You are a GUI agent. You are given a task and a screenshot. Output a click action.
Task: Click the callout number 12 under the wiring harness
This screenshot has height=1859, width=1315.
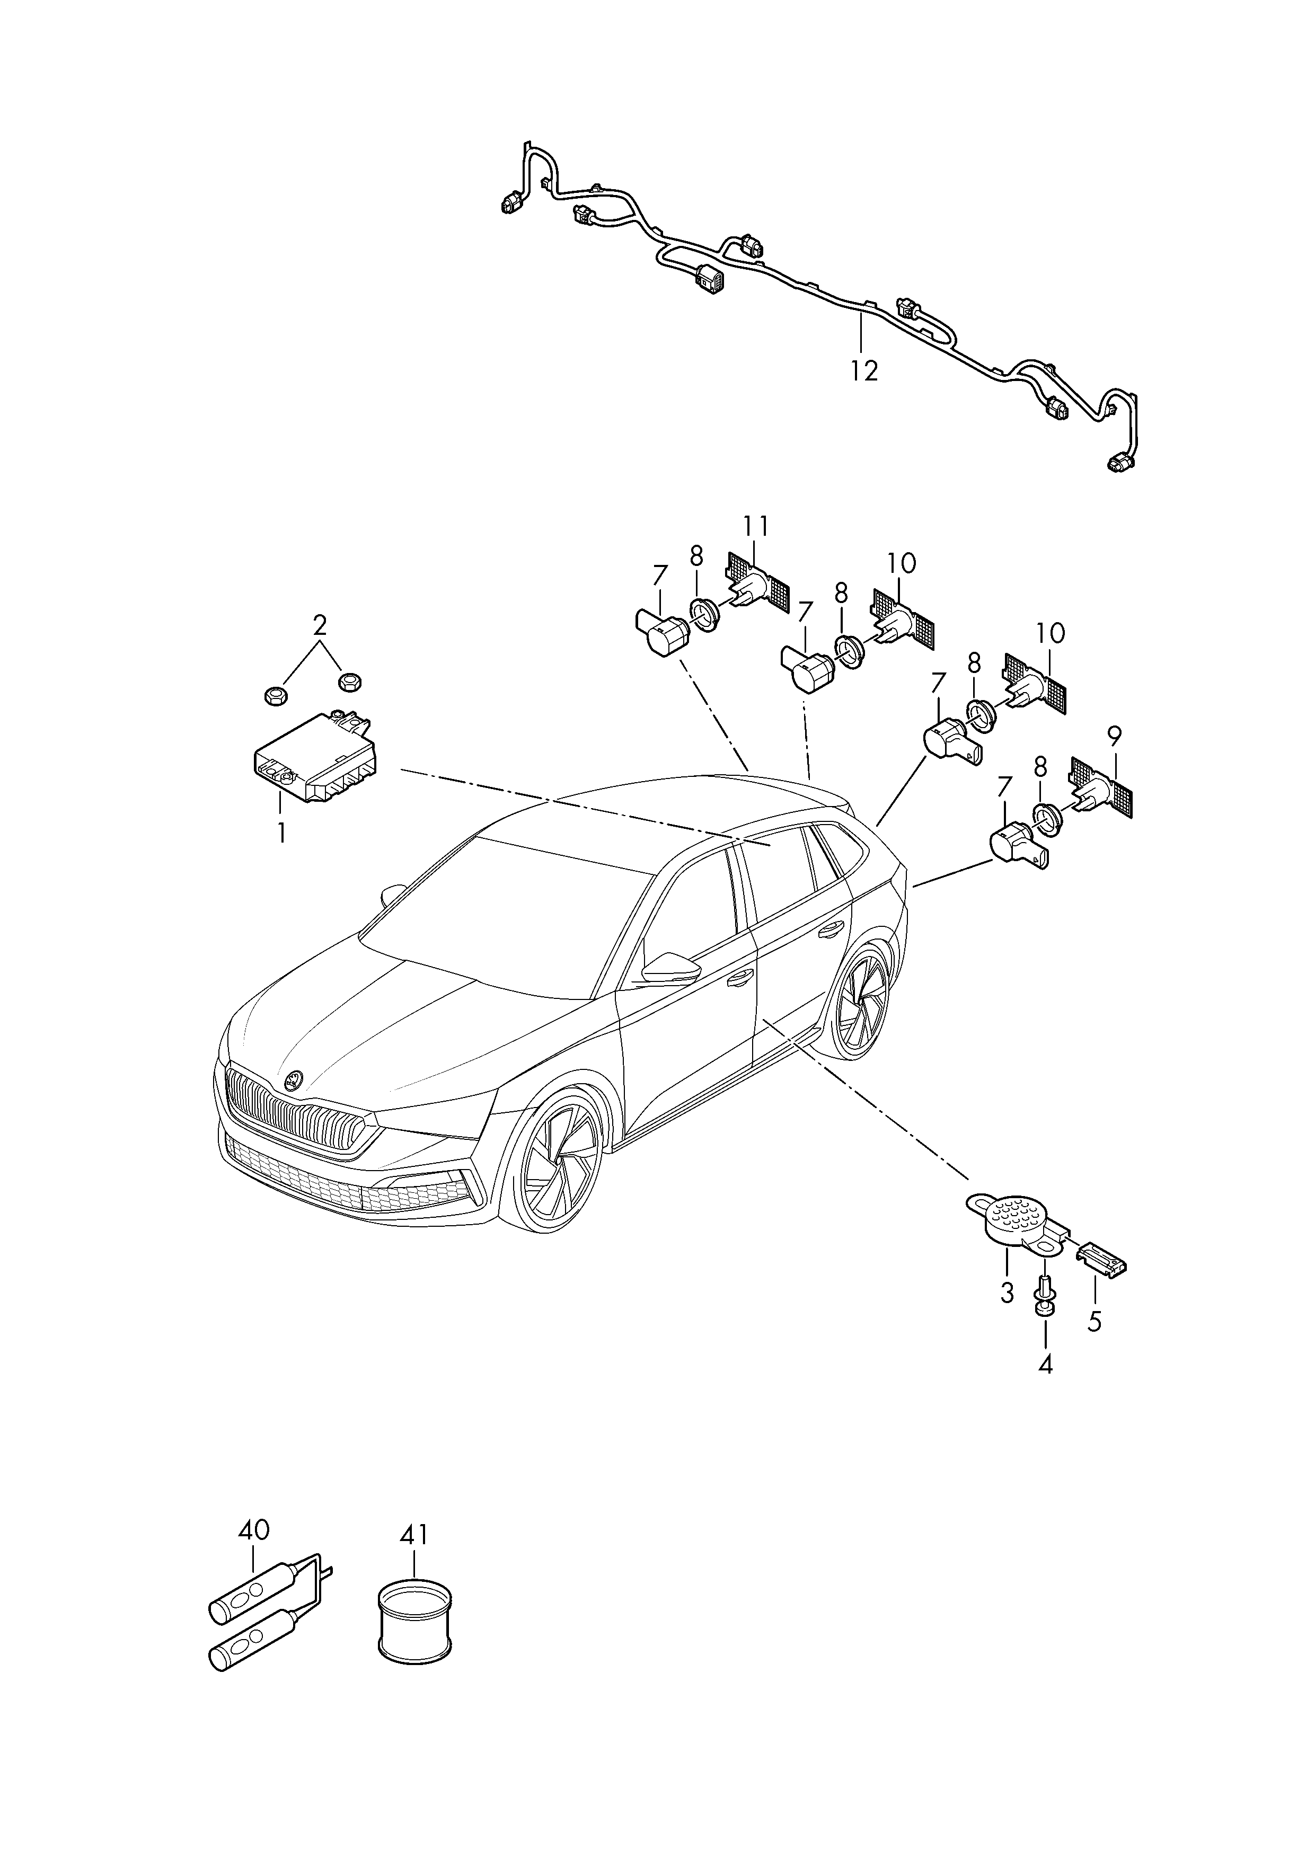tap(865, 371)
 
